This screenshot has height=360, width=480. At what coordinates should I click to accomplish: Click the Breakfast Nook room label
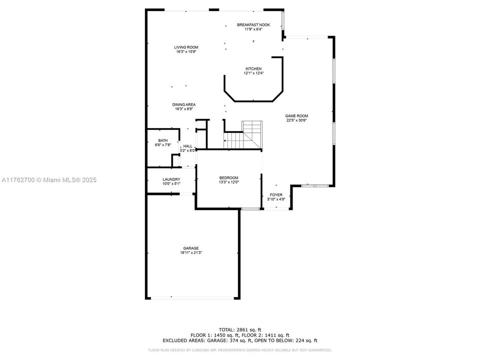253,24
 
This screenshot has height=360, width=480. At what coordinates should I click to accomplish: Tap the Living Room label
186,47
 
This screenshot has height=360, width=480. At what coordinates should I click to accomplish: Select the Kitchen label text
253,69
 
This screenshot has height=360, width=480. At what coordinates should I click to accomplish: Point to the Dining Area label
184,104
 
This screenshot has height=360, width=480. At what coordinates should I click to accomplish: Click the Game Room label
296,115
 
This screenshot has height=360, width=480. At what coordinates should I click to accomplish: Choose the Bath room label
163,140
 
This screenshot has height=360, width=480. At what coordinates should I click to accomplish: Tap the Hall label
187,146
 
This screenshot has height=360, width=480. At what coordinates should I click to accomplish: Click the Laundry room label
171,179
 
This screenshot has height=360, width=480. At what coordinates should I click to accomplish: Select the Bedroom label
228,178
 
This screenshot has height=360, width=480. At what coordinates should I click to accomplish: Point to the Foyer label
276,194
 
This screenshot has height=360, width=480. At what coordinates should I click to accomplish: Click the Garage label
190,248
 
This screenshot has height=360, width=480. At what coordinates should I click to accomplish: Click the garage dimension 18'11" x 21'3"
190,253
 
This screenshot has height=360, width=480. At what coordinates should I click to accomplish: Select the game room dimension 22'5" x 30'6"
296,120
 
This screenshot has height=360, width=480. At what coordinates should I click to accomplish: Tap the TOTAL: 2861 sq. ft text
239,330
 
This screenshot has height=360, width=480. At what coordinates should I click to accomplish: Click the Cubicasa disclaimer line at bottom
239,350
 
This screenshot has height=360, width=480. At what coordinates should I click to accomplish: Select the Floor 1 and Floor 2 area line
239,335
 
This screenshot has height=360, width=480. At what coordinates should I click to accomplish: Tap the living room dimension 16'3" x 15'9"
186,52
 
